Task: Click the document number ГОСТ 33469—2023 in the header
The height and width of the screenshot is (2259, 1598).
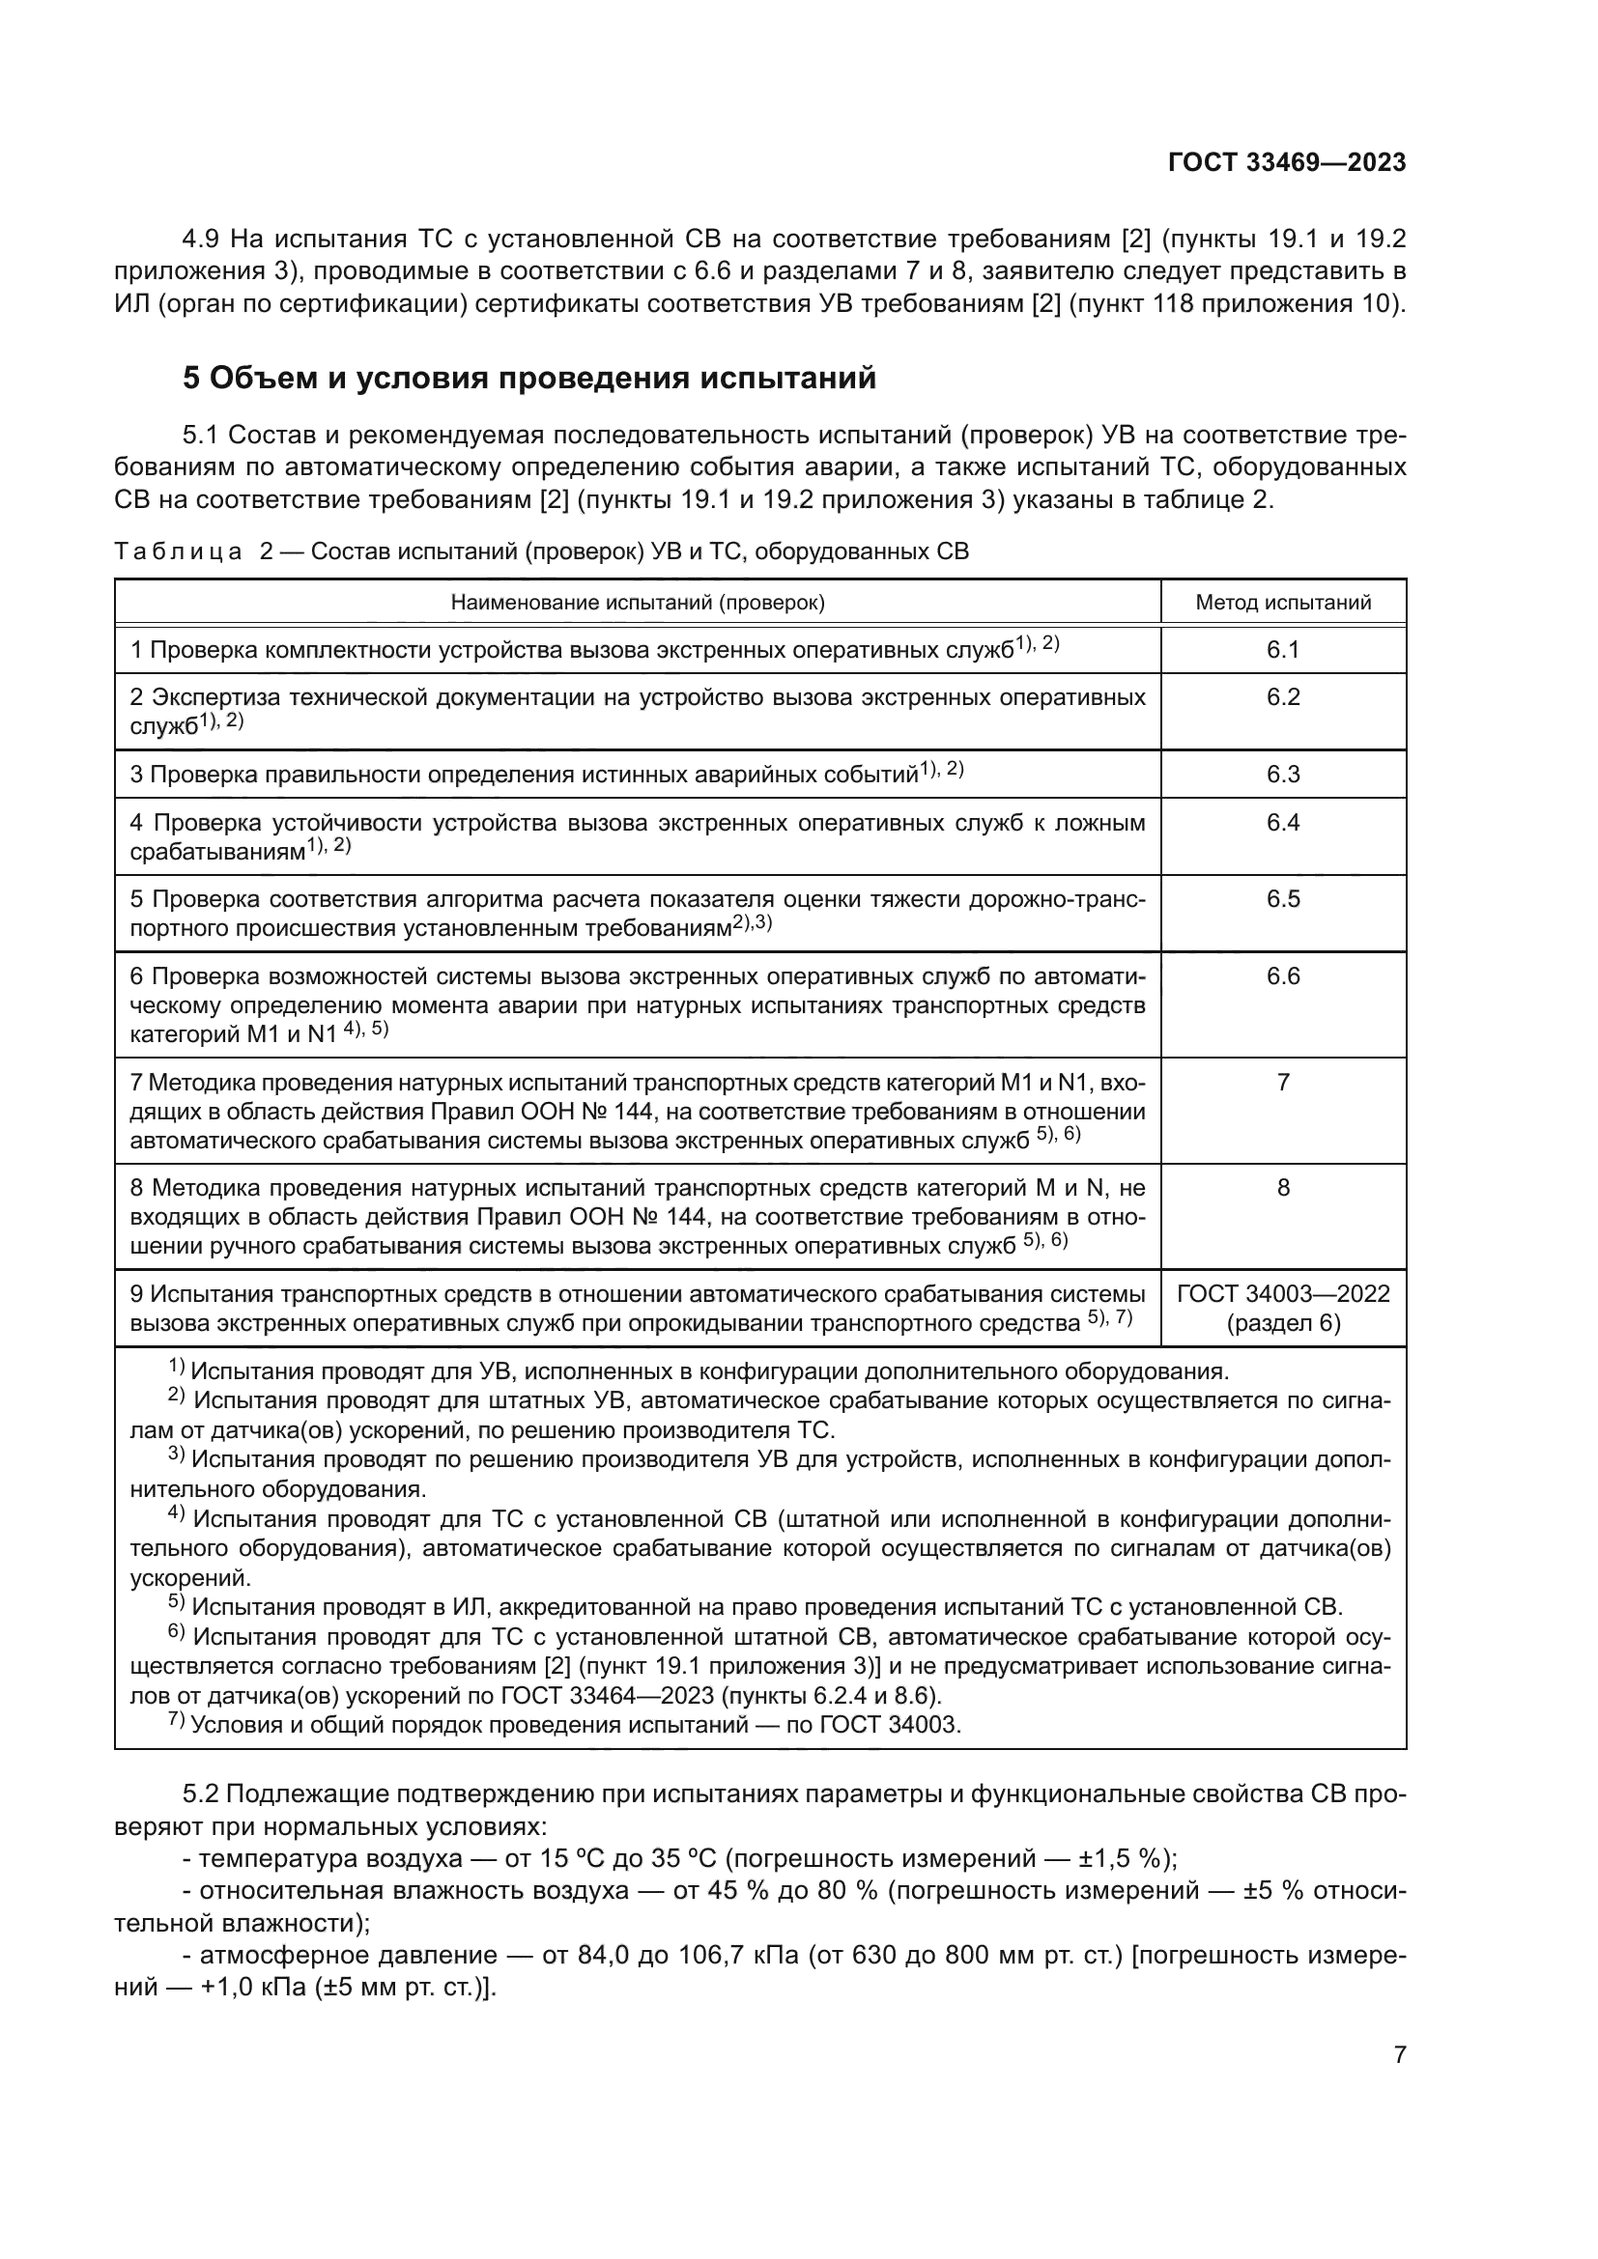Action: coord(1286,163)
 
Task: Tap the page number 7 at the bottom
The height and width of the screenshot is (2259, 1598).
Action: coord(1399,2054)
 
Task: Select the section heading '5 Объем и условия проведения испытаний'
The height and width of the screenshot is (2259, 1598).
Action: coord(528,378)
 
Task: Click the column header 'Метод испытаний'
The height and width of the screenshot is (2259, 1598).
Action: coord(1282,602)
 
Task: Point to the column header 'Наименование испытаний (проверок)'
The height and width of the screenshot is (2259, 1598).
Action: coord(637,602)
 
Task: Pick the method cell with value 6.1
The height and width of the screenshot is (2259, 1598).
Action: coord(1282,649)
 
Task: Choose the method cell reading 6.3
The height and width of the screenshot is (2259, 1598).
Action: coord(1282,775)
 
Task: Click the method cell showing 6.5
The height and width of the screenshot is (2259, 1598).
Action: coord(1282,899)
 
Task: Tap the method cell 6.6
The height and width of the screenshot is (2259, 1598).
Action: coord(1282,976)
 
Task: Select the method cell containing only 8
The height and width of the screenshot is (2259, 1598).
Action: coord(1282,1188)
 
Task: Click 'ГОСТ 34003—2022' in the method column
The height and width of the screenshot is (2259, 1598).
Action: coord(1282,1294)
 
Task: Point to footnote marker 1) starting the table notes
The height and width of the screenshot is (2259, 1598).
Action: coord(176,1369)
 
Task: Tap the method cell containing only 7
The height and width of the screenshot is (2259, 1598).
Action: coord(1282,1083)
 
